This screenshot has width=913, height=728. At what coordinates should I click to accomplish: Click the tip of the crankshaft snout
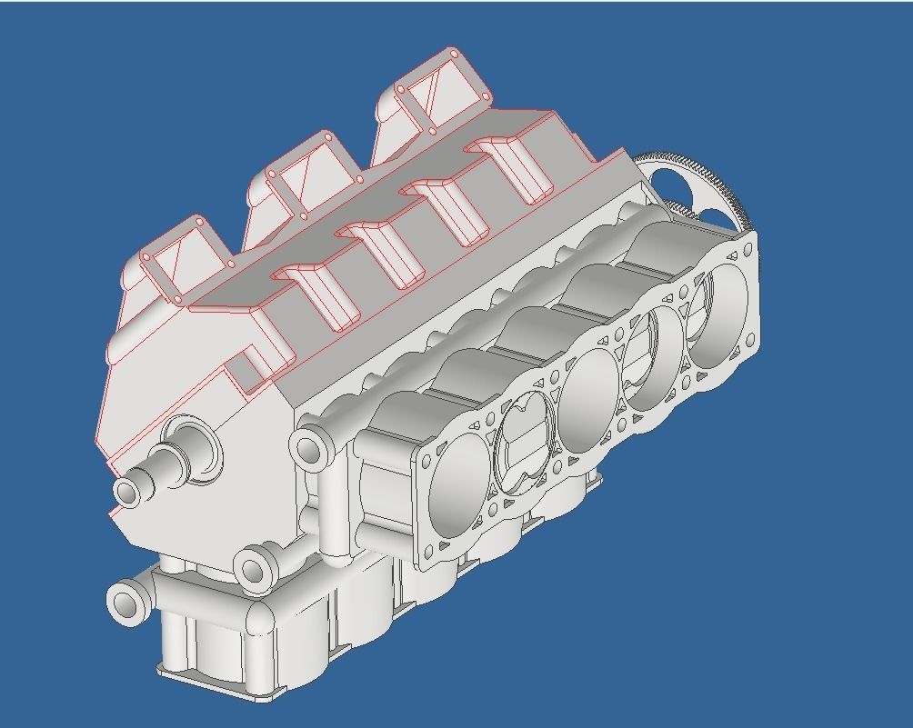click(128, 492)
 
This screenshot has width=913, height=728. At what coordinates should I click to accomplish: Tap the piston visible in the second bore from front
click(523, 445)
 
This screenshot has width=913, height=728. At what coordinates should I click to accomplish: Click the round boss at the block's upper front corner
click(310, 448)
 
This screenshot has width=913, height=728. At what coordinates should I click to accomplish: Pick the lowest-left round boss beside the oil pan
click(126, 602)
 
